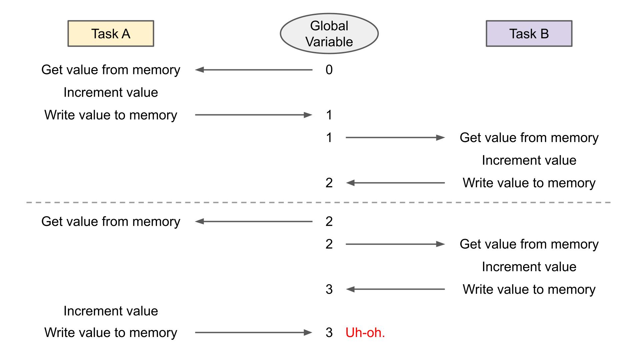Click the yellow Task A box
[x=111, y=34]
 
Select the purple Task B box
[x=529, y=34]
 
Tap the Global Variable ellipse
[x=329, y=34]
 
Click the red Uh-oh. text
[x=365, y=333]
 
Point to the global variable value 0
[x=329, y=70]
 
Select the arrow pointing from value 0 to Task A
[x=253, y=70]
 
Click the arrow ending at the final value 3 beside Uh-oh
[x=253, y=333]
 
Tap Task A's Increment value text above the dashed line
[x=111, y=92]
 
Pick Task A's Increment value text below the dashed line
[x=111, y=311]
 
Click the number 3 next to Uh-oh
[x=329, y=333]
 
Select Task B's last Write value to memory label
[x=529, y=289]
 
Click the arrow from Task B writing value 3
[x=395, y=289]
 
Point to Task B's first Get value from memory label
[x=529, y=138]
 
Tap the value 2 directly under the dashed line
[x=329, y=222]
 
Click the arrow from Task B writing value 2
[x=395, y=183]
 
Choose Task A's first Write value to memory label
[x=111, y=115]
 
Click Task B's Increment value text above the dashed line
[x=529, y=160]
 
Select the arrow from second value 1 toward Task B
[x=395, y=138]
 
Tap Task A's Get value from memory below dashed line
[x=111, y=222]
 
